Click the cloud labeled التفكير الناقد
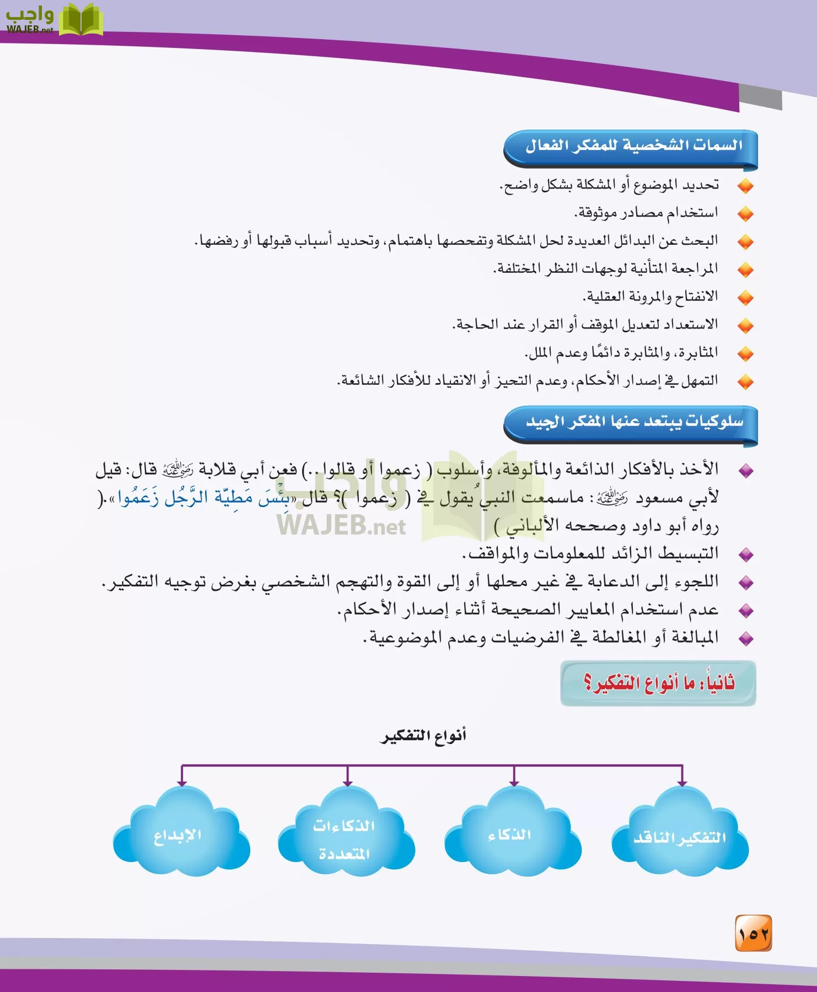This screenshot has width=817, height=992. (x=680, y=837)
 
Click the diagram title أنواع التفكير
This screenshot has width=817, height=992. (x=423, y=736)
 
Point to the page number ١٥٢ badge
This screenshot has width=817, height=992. (x=754, y=934)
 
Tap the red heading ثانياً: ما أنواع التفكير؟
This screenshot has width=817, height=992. (x=659, y=683)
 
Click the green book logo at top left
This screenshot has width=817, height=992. (x=80, y=20)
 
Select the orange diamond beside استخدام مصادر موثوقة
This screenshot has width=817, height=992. (x=745, y=214)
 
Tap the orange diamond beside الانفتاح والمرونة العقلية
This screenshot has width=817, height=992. (x=745, y=298)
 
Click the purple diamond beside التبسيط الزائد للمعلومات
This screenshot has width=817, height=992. (x=746, y=554)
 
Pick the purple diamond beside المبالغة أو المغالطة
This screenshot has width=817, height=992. (x=746, y=639)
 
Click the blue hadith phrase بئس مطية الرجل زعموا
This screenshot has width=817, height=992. (x=204, y=498)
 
